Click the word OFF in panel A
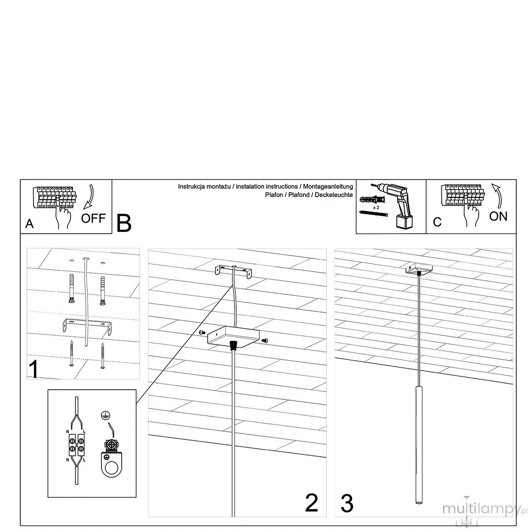pos(93,218)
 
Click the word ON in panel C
pos(498,216)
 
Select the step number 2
pos(311,503)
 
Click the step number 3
pos(347,503)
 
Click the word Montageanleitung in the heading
pos(328,186)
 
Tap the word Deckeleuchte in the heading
pos(334,195)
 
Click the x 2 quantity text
pos(376,208)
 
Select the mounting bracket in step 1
pos(87,326)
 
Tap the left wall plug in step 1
pos(72,288)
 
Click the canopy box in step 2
pos(233,337)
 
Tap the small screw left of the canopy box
pos(202,332)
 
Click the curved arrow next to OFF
pos(89,197)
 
